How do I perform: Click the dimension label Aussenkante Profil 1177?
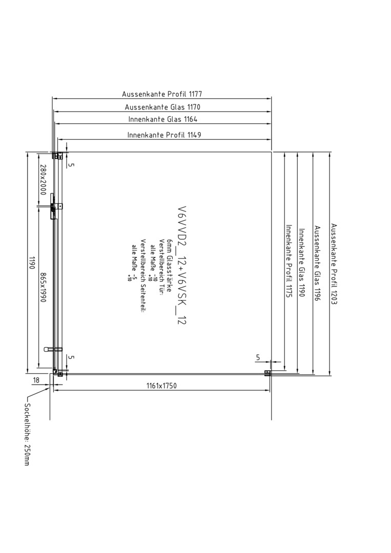[162, 94]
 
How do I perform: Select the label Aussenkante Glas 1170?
[162, 107]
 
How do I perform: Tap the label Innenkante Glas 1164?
[162, 119]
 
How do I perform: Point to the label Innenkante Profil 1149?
[164, 135]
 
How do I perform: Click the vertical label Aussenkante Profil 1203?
[334, 264]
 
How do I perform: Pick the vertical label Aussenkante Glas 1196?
[317, 263]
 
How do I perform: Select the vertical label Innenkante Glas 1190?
[302, 263]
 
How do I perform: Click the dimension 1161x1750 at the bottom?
[161, 386]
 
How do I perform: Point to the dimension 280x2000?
[43, 180]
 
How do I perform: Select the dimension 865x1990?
[43, 287]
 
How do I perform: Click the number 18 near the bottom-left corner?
[36, 380]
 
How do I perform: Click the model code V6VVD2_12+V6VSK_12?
[182, 265]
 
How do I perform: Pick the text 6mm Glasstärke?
[170, 265]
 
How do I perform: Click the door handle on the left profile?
[53, 349]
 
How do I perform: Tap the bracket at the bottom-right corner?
[267, 373]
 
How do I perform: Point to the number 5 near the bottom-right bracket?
[258, 357]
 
